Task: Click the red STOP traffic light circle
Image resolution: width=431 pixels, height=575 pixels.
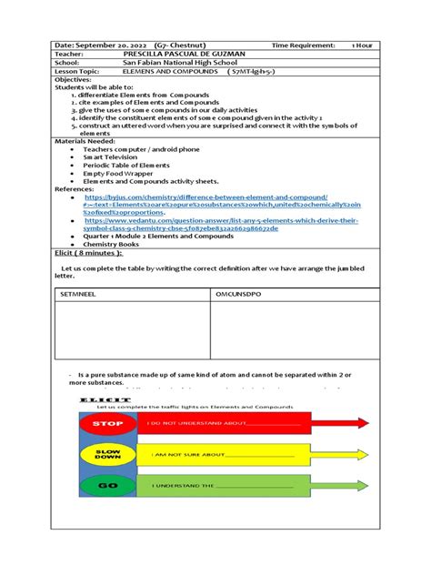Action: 107,423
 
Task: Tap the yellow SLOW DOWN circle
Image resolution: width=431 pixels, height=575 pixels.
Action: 107,454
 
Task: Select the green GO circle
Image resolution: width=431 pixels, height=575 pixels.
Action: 107,486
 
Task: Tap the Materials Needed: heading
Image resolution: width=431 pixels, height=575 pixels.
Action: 86,141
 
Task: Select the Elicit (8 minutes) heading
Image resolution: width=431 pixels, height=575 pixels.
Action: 88,252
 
